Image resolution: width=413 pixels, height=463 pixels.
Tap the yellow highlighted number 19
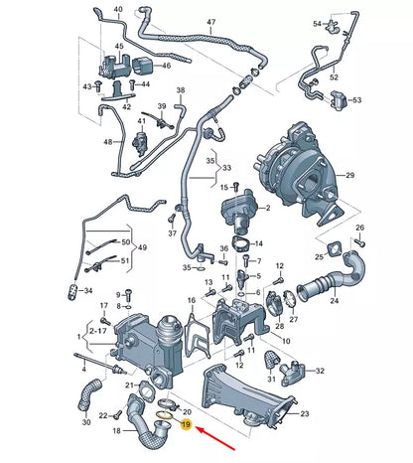(x=185, y=423)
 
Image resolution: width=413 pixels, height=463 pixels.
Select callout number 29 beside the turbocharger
(x=347, y=175)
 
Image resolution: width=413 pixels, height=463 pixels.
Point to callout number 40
(x=118, y=10)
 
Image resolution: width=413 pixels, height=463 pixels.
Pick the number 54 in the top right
(x=317, y=23)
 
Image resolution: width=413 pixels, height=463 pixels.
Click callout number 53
(x=356, y=100)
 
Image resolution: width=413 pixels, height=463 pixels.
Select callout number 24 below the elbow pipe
(x=334, y=299)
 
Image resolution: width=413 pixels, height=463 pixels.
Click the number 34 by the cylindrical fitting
(x=87, y=291)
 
